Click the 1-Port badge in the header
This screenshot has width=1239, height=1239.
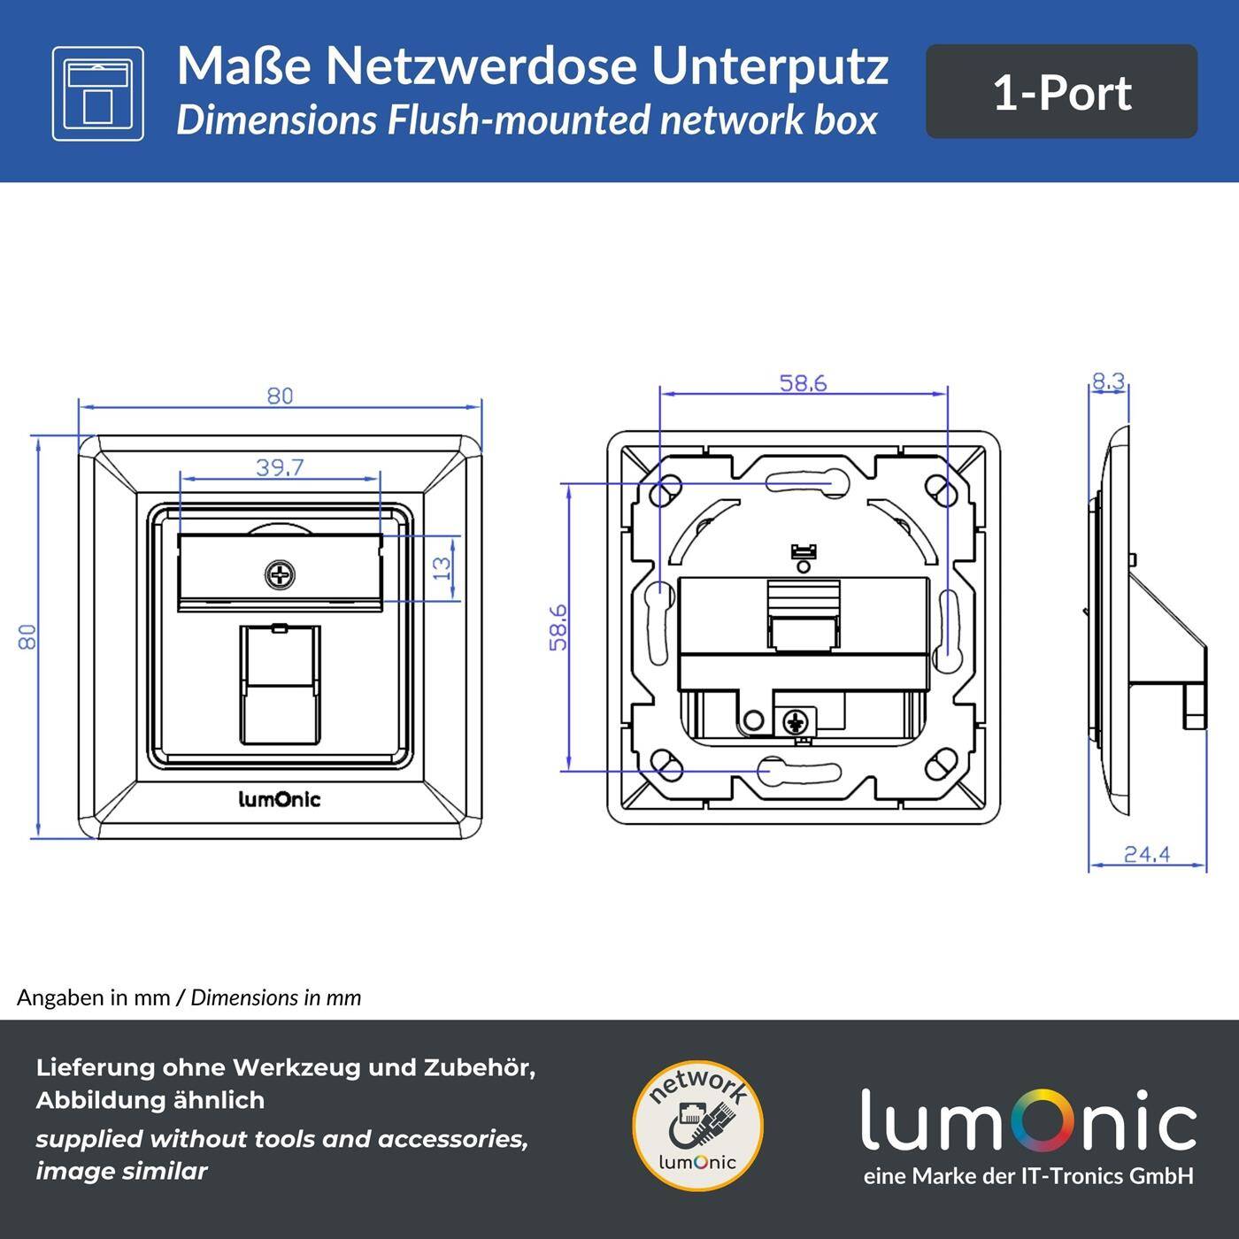point(1061,92)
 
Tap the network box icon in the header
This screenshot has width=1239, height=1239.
point(97,94)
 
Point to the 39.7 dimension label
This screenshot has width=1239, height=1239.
point(280,467)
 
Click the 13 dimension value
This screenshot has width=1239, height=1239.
point(444,566)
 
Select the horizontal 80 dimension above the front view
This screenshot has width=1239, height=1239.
point(280,396)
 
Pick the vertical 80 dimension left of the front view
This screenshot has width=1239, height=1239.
point(28,636)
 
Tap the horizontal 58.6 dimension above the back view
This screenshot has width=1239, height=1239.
point(803,383)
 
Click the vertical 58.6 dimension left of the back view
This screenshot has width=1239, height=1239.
point(558,627)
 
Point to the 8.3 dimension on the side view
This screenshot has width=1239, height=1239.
point(1108,381)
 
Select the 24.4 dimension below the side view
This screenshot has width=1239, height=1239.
point(1147,854)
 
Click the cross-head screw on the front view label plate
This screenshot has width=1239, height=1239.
point(280,576)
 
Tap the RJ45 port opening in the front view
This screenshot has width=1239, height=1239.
point(280,686)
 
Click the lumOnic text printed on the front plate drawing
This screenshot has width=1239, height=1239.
point(280,800)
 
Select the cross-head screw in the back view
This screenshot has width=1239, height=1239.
point(798,721)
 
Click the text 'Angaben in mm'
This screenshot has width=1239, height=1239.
point(93,997)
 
